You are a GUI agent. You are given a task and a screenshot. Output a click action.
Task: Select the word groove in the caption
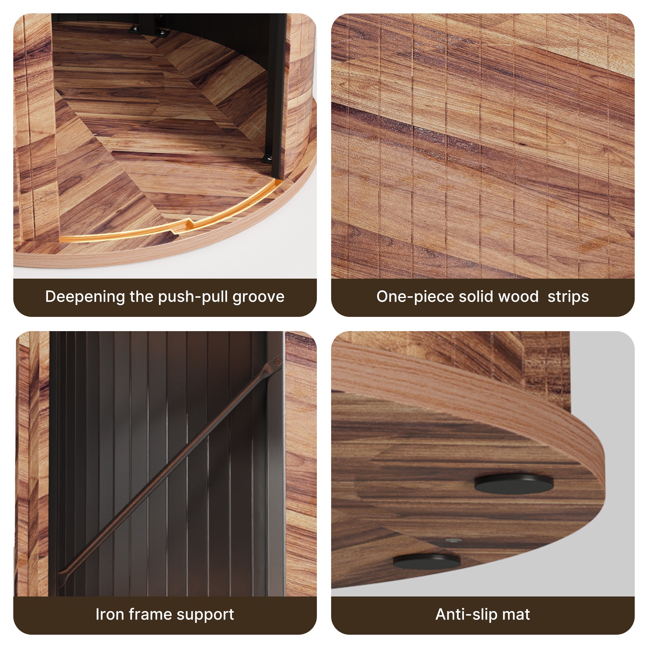(x=259, y=297)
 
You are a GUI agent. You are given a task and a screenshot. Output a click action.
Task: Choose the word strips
(x=568, y=297)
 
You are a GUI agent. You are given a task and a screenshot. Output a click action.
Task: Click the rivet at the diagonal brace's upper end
(x=277, y=362)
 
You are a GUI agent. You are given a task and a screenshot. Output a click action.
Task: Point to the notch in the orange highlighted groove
(x=183, y=226)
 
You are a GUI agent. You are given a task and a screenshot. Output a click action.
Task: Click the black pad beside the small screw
(x=427, y=561)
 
